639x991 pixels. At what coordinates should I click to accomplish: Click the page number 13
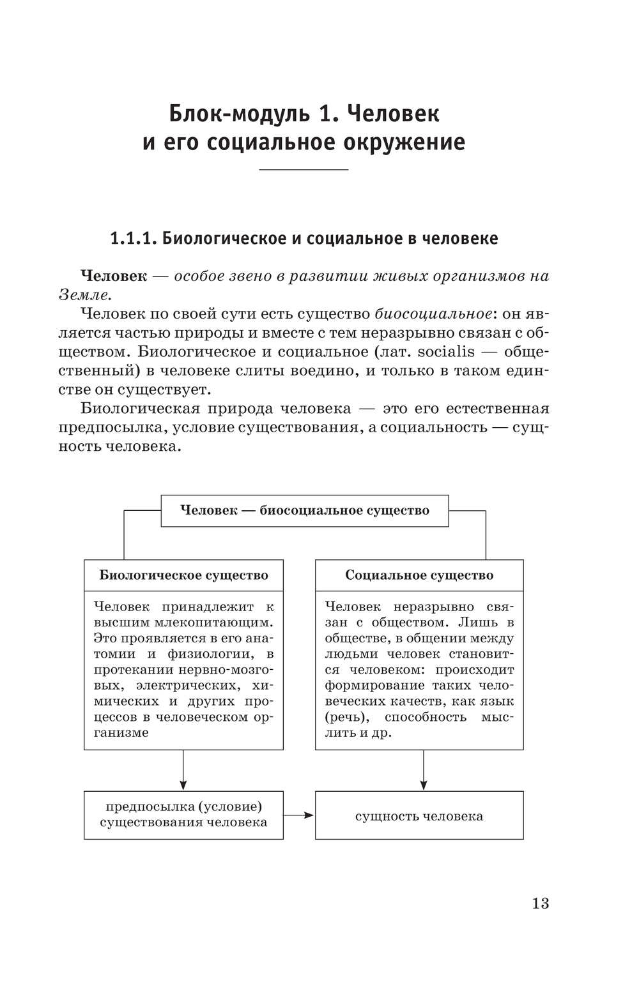(540, 903)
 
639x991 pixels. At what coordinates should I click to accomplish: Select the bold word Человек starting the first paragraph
(114, 276)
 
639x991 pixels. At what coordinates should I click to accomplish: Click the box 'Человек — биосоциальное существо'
(304, 511)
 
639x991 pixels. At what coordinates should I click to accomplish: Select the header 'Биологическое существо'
(183, 575)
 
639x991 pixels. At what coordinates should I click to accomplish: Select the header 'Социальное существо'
(419, 575)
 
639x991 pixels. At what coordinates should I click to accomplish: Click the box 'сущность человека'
(419, 816)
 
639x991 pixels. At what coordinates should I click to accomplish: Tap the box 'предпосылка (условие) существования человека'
(183, 815)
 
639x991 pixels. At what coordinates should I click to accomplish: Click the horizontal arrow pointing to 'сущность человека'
(299, 815)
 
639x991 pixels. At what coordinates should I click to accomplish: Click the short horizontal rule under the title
(304, 169)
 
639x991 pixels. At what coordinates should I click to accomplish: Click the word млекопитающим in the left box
(216, 623)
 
